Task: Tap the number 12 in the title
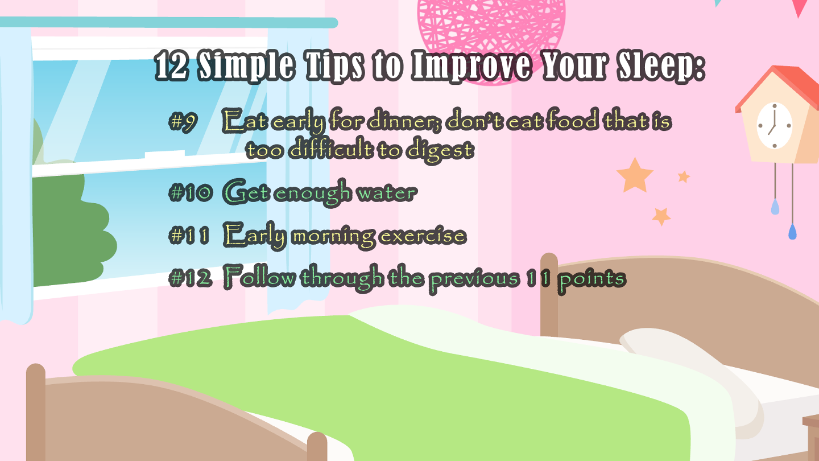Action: click(x=172, y=65)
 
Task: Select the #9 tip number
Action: click(x=183, y=121)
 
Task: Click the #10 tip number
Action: click(x=191, y=192)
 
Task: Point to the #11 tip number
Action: click(x=189, y=235)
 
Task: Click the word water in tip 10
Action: click(x=387, y=193)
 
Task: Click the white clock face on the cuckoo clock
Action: click(x=775, y=125)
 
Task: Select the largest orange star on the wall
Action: click(x=635, y=175)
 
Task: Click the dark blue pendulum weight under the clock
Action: click(x=792, y=232)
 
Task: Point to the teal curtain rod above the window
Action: click(x=168, y=22)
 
